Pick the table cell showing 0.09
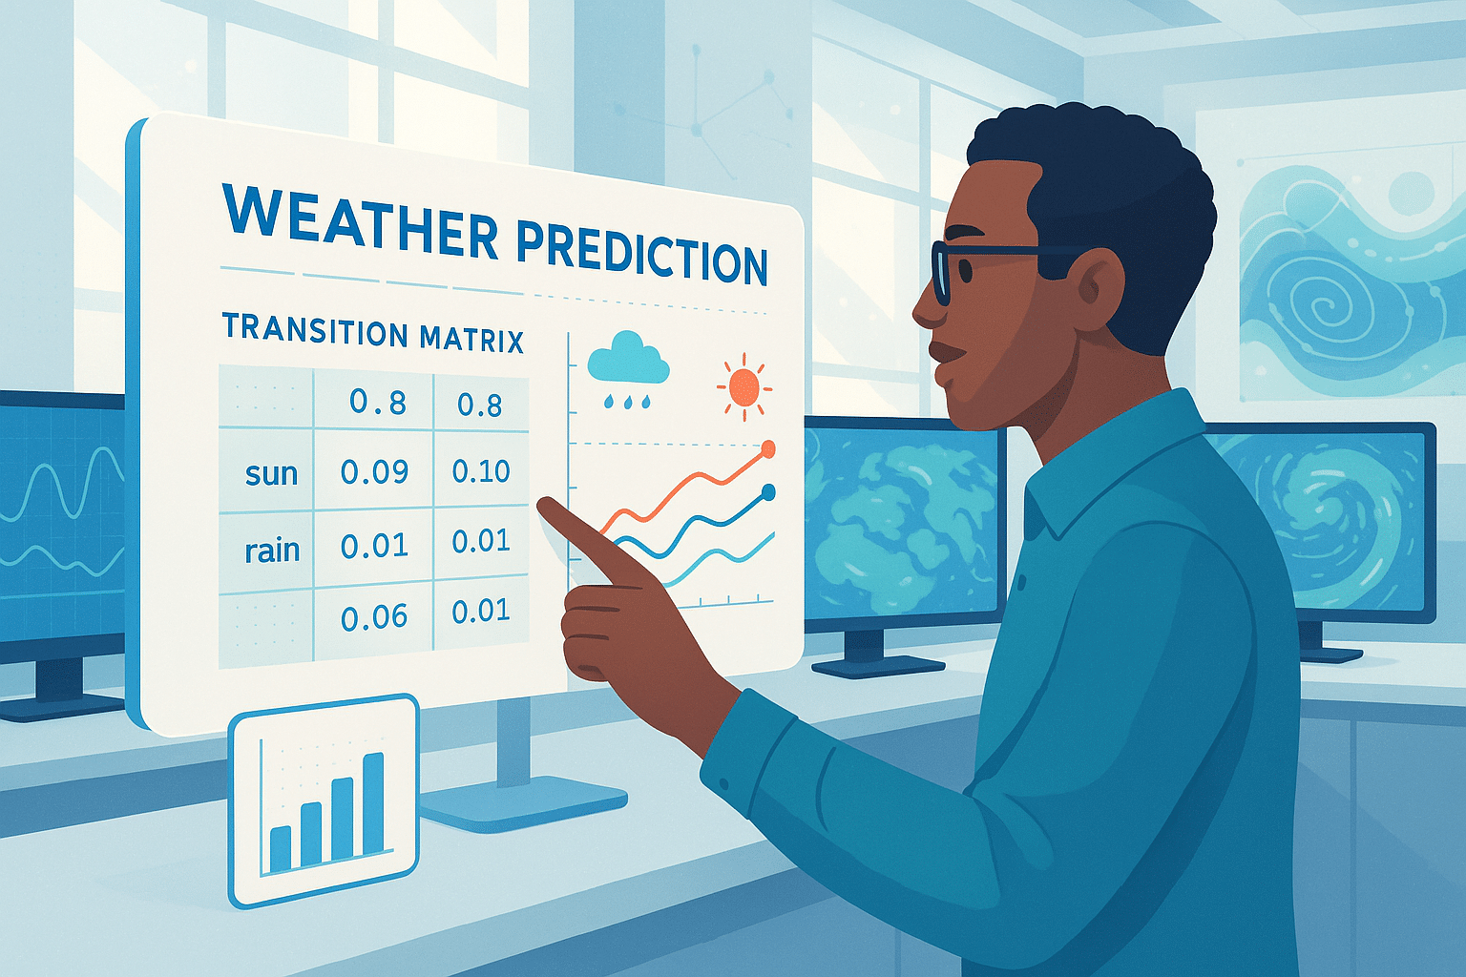374,471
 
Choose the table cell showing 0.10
481,471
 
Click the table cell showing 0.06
374,616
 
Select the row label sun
272,473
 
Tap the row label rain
272,550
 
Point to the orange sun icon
744,387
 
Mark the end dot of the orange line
768,449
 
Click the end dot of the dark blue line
768,491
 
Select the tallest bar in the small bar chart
374,803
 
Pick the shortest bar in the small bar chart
280,849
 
